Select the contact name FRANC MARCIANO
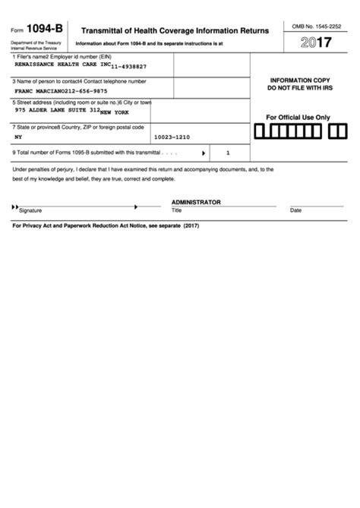coord(41,90)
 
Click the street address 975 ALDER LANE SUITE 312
coord(57,110)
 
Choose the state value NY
coord(18,138)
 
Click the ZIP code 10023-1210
coord(171,138)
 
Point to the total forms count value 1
coord(227,153)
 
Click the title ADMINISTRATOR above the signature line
coord(196,202)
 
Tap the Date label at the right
coord(295,210)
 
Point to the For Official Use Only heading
coord(298,118)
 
